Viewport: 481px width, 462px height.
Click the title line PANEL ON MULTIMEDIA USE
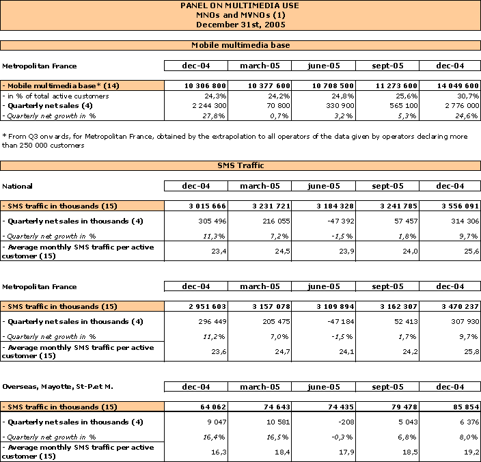point(240,5)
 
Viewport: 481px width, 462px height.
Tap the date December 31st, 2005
point(240,25)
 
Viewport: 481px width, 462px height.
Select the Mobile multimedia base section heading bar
point(240,45)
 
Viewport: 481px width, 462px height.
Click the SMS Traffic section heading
point(240,165)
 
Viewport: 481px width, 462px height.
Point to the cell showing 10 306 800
point(205,85)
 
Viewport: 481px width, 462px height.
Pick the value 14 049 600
point(458,85)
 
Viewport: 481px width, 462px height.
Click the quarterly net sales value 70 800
point(277,106)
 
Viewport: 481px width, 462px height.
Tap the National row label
point(17,186)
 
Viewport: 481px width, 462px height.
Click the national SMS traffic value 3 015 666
point(207,206)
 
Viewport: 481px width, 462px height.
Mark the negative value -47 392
point(340,221)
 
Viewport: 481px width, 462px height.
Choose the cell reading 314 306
point(465,221)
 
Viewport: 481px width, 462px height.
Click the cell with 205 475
point(276,321)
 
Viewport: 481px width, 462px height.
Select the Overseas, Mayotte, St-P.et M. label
point(57,387)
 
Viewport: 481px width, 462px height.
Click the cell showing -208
point(346,422)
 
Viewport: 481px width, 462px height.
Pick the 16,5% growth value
point(277,437)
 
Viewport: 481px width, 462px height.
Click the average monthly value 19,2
point(471,452)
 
